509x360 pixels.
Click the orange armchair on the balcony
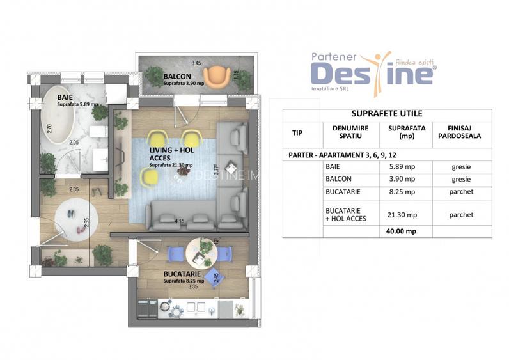tap(220, 75)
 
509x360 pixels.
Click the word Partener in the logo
tap(335, 56)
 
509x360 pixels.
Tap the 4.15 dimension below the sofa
tap(180, 222)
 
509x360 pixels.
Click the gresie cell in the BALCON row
tap(460, 179)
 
